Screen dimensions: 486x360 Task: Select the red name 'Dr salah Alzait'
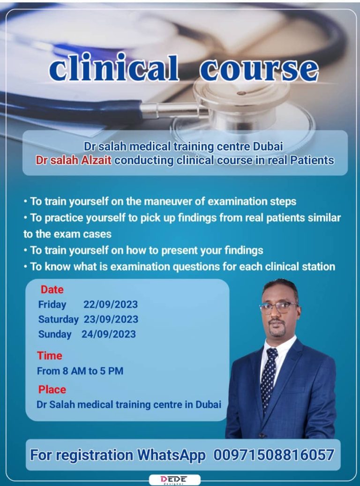pyautogui.click(x=74, y=160)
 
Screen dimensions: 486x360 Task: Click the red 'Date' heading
pyautogui.click(x=52, y=290)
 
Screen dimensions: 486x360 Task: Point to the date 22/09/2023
pyautogui.click(x=111, y=304)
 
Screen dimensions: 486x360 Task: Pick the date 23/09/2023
pyautogui.click(x=111, y=319)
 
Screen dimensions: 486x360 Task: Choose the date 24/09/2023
pyautogui.click(x=109, y=334)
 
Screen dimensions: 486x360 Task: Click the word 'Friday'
pyautogui.click(x=52, y=304)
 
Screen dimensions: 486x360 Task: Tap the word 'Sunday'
pyautogui.click(x=54, y=334)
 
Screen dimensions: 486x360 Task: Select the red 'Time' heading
pyautogui.click(x=50, y=356)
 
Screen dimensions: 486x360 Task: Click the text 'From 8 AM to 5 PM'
pyautogui.click(x=80, y=371)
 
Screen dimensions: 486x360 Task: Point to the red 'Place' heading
pyautogui.click(x=52, y=389)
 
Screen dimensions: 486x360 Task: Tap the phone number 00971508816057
pyautogui.click(x=274, y=455)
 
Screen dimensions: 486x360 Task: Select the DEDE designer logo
pyautogui.click(x=174, y=479)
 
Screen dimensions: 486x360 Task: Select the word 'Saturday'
pyautogui.click(x=58, y=319)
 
